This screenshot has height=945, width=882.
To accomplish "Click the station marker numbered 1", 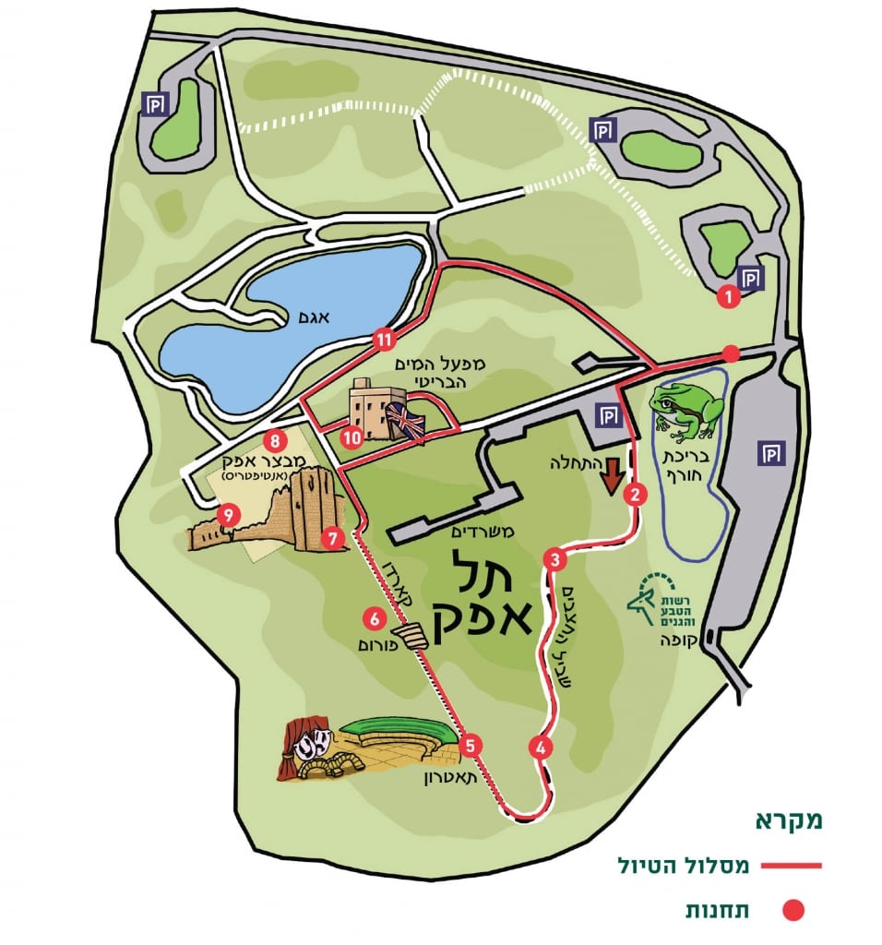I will pyautogui.click(x=728, y=297).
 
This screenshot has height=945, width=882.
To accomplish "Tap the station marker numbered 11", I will pyautogui.click(x=385, y=341).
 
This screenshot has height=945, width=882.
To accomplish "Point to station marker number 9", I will pyautogui.click(x=225, y=512).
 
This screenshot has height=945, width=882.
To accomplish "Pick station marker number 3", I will pyautogui.click(x=554, y=558).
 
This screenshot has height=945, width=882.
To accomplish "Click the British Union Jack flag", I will pyautogui.click(x=406, y=422).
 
